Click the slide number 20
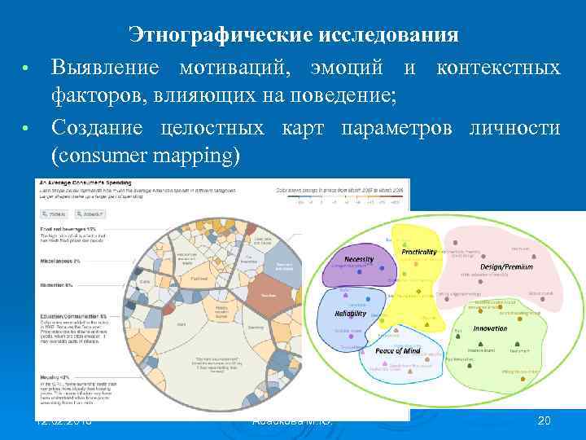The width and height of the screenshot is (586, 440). click(x=544, y=420)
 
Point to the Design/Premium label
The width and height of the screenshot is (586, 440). click(x=506, y=267)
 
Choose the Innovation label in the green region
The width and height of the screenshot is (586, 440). click(x=491, y=329)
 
